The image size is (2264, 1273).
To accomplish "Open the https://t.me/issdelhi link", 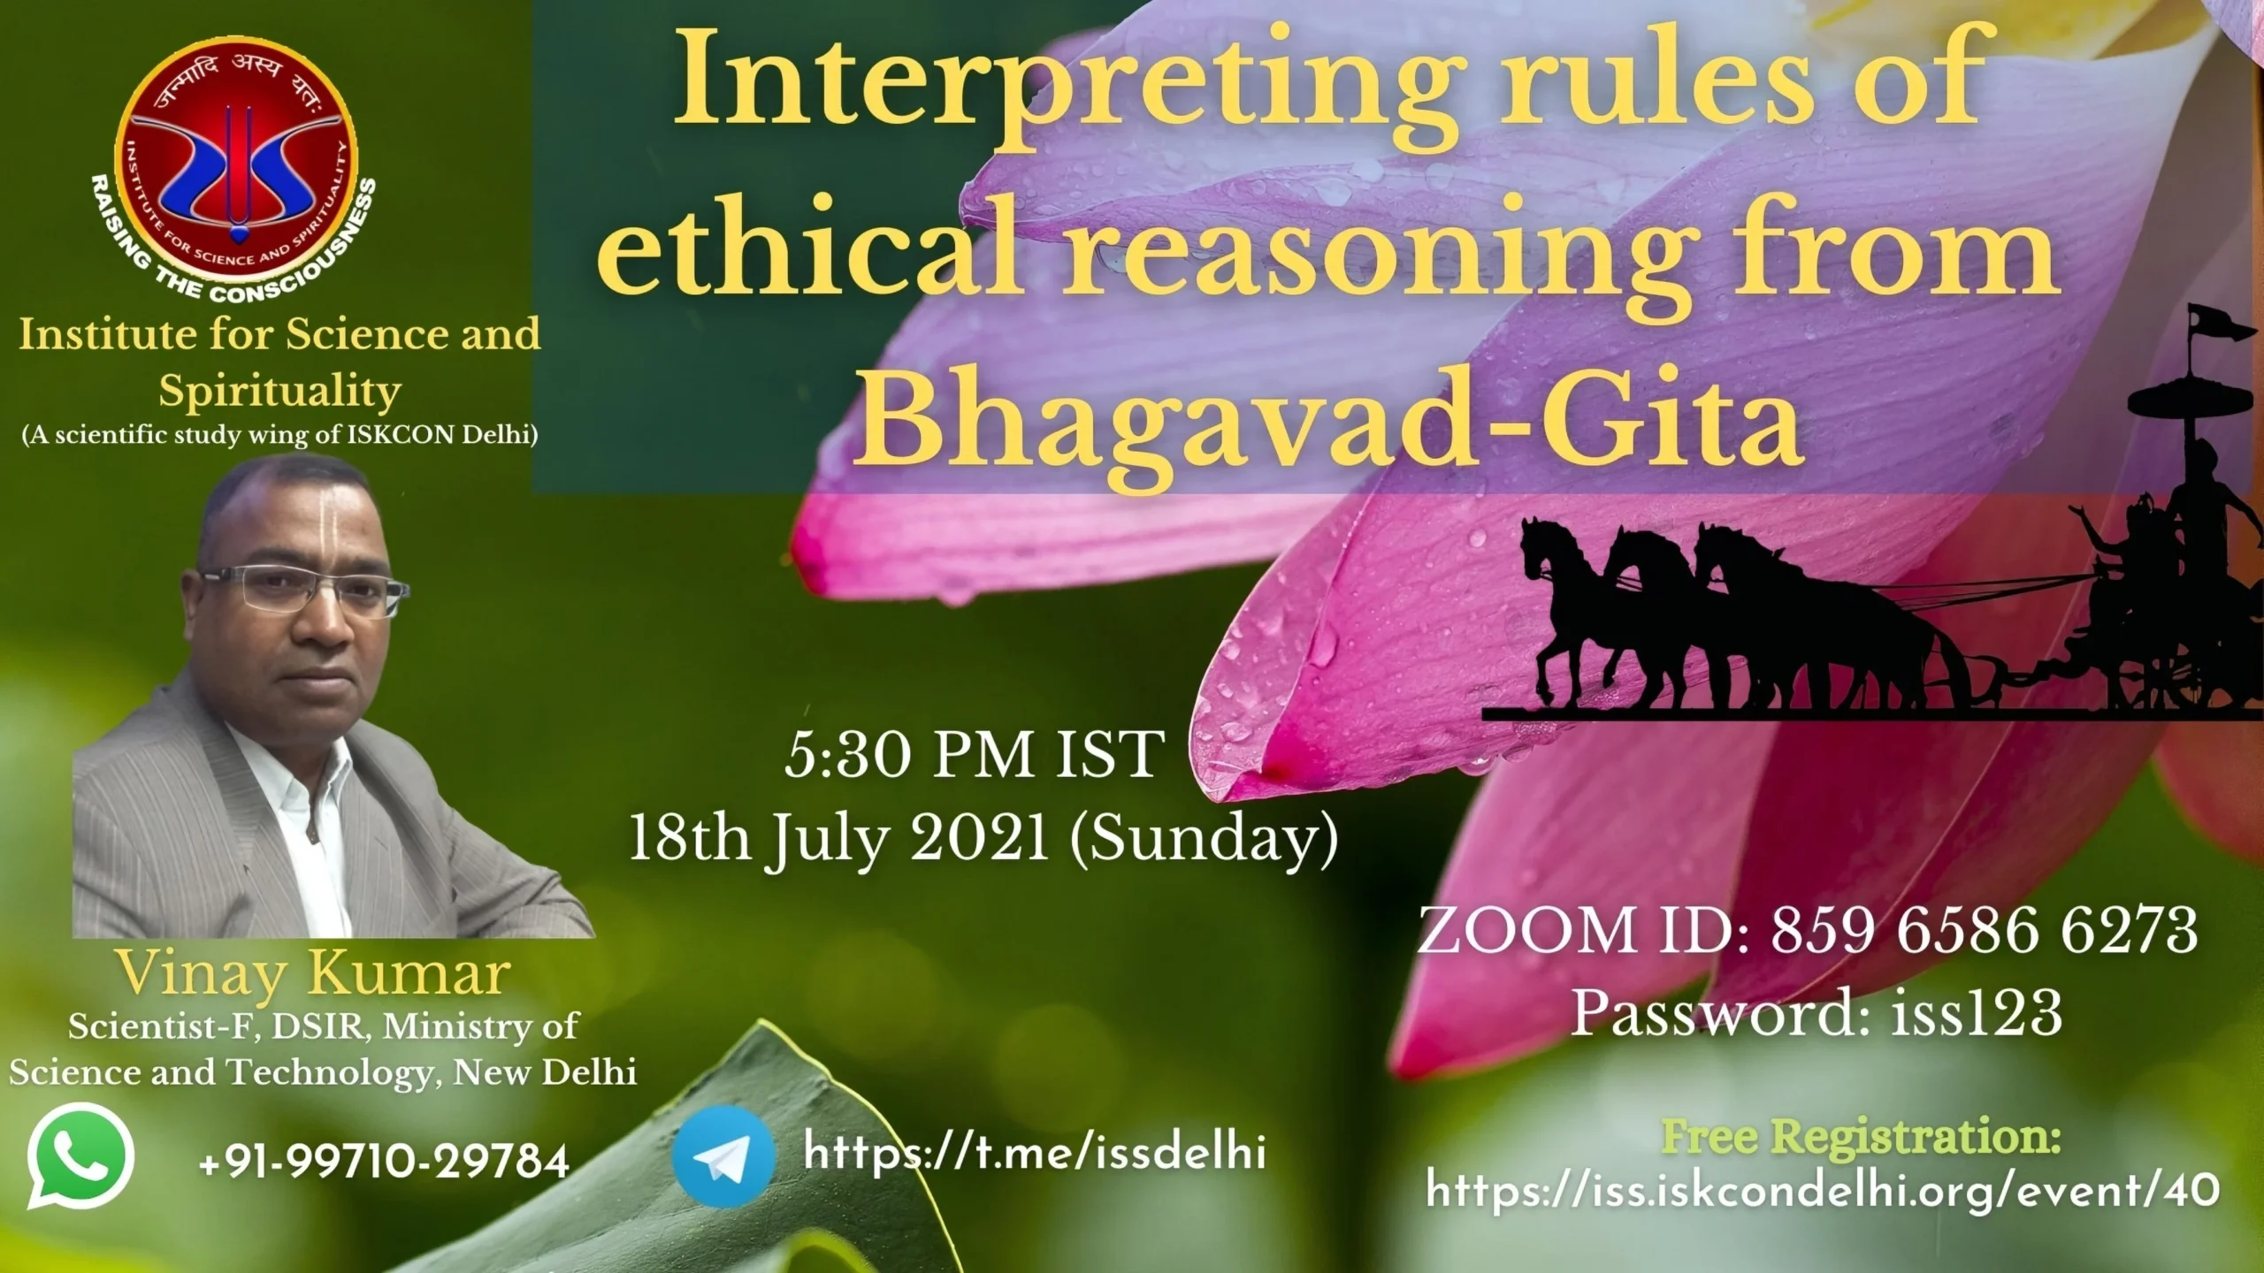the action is pyautogui.click(x=1035, y=1153).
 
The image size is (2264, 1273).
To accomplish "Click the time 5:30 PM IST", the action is pyautogui.click(x=974, y=754).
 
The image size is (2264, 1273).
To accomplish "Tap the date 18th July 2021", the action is pyautogui.click(x=838, y=838).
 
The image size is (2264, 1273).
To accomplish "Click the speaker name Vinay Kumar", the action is pyautogui.click(x=315, y=973).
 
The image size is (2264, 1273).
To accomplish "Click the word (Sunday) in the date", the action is pyautogui.click(x=1203, y=840).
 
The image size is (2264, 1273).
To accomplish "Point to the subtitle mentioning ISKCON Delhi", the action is pyautogui.click(x=280, y=437).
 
